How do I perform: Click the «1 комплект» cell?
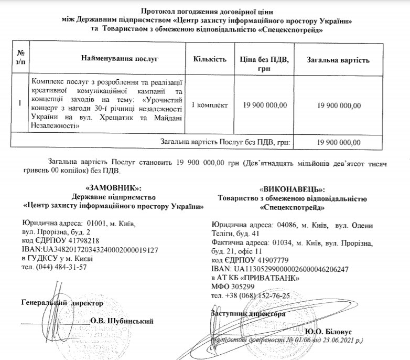click(x=210, y=105)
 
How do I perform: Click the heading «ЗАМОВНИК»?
click(x=113, y=188)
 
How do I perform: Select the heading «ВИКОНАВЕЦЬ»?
click(x=293, y=189)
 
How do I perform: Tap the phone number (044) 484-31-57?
click(x=62, y=267)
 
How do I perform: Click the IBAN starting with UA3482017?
click(x=98, y=250)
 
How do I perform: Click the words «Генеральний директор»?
click(x=62, y=303)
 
